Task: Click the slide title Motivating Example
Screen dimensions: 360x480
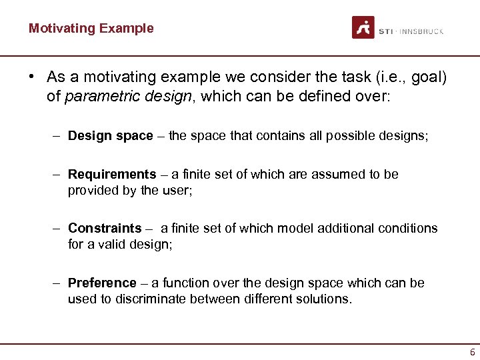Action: click(91, 29)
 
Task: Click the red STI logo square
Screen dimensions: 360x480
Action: click(363, 28)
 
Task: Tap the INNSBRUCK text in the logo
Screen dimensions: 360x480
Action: click(421, 31)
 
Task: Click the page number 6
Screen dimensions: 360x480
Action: click(472, 352)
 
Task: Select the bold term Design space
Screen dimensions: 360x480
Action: click(110, 136)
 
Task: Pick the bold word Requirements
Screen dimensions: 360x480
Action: click(111, 175)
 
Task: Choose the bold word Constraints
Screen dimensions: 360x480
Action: click(105, 229)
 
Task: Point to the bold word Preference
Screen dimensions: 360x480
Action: click(102, 283)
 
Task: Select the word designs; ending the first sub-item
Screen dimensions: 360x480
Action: click(406, 136)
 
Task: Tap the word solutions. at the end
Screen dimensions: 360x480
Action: click(326, 299)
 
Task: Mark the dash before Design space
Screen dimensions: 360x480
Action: click(58, 136)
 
